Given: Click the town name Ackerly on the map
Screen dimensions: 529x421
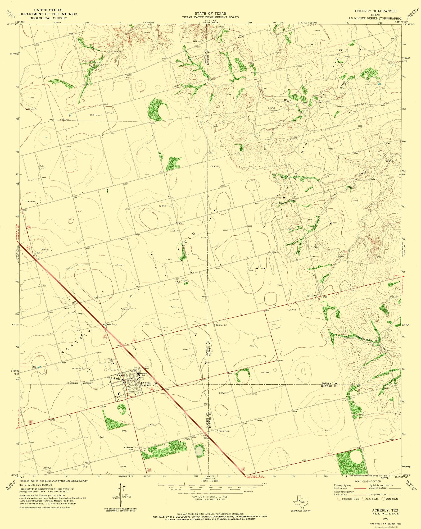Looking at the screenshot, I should (x=115, y=378).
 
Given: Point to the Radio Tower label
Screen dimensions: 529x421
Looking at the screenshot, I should (x=224, y=431).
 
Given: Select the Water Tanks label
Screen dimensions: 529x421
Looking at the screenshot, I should (x=111, y=324).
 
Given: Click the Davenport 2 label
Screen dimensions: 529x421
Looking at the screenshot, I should (x=221, y=325).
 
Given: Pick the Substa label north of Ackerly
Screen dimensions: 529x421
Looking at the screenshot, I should (x=137, y=367).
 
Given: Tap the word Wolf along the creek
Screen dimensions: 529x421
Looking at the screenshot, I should (x=287, y=101).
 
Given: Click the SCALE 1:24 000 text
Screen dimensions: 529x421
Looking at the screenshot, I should (x=210, y=481).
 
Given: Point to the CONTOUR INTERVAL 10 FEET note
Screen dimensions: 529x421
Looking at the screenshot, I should (x=210, y=496).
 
